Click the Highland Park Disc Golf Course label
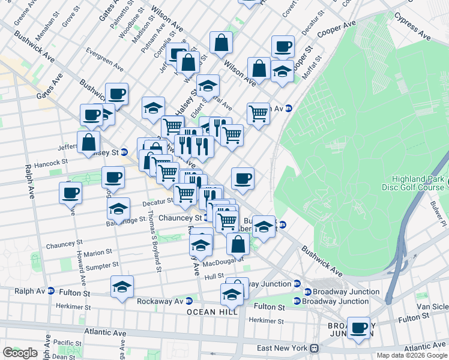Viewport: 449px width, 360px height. point(417,182)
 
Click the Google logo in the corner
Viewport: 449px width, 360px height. point(20,353)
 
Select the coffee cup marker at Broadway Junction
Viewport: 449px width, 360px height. point(358,328)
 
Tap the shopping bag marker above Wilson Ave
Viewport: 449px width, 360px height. point(221,43)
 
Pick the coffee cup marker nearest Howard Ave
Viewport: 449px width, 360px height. point(71,193)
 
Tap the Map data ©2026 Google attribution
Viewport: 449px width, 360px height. point(412,355)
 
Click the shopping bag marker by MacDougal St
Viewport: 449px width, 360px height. point(238,244)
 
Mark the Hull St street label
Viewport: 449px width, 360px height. point(214,277)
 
